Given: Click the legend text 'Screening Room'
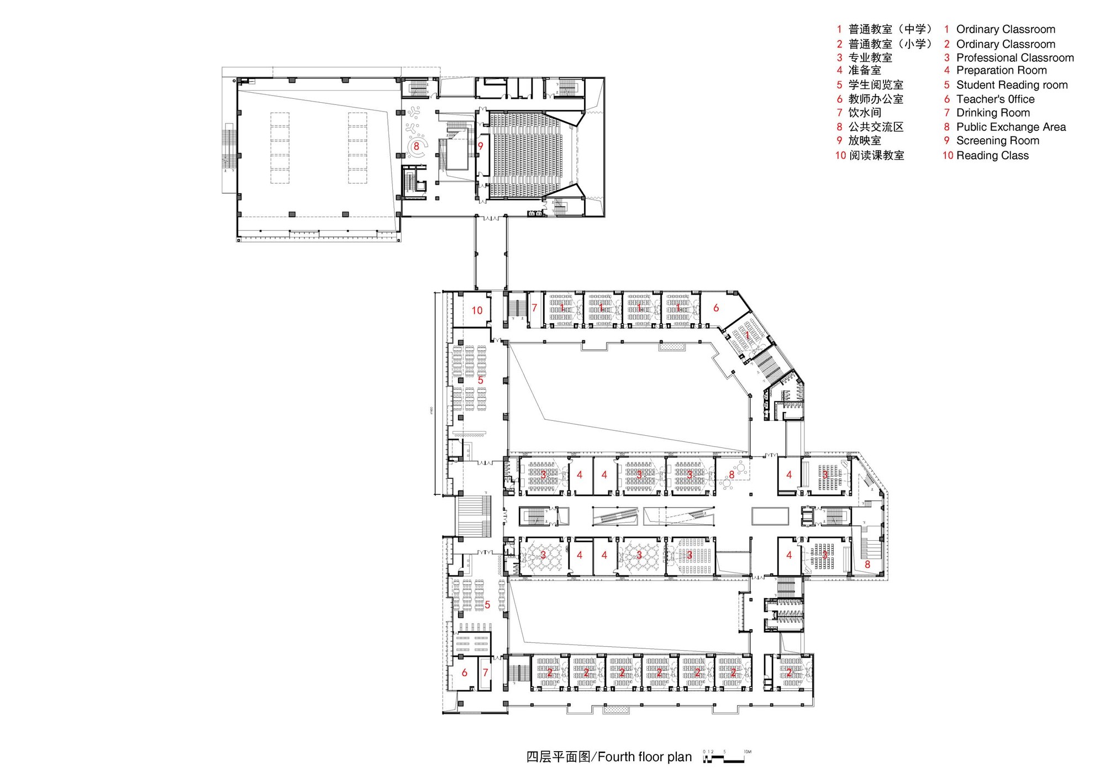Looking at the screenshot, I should pos(997,141).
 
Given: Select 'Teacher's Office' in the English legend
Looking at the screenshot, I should pos(995,99).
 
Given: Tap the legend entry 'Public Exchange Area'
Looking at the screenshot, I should pos(1011,127).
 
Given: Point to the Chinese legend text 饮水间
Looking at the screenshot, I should pos(865,113).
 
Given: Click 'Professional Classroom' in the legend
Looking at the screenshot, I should pos(1014,58).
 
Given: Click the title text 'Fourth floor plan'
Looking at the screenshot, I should pos(644,757).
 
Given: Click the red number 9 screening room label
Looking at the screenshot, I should pos(481,146).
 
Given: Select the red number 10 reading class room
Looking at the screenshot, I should pos(477,310).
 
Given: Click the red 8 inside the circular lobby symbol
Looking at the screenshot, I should pos(417,147).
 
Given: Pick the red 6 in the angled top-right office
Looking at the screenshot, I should pos(716,308).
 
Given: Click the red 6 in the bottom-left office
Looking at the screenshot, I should pos(464,673).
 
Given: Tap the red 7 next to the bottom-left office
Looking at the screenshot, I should pos(486,673).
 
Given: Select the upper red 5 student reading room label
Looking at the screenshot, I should pos(481,381).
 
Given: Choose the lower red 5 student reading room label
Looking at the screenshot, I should pos(487,605).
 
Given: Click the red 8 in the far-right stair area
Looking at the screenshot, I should pos(867,564).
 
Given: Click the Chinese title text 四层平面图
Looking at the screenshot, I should pos(558,757).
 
